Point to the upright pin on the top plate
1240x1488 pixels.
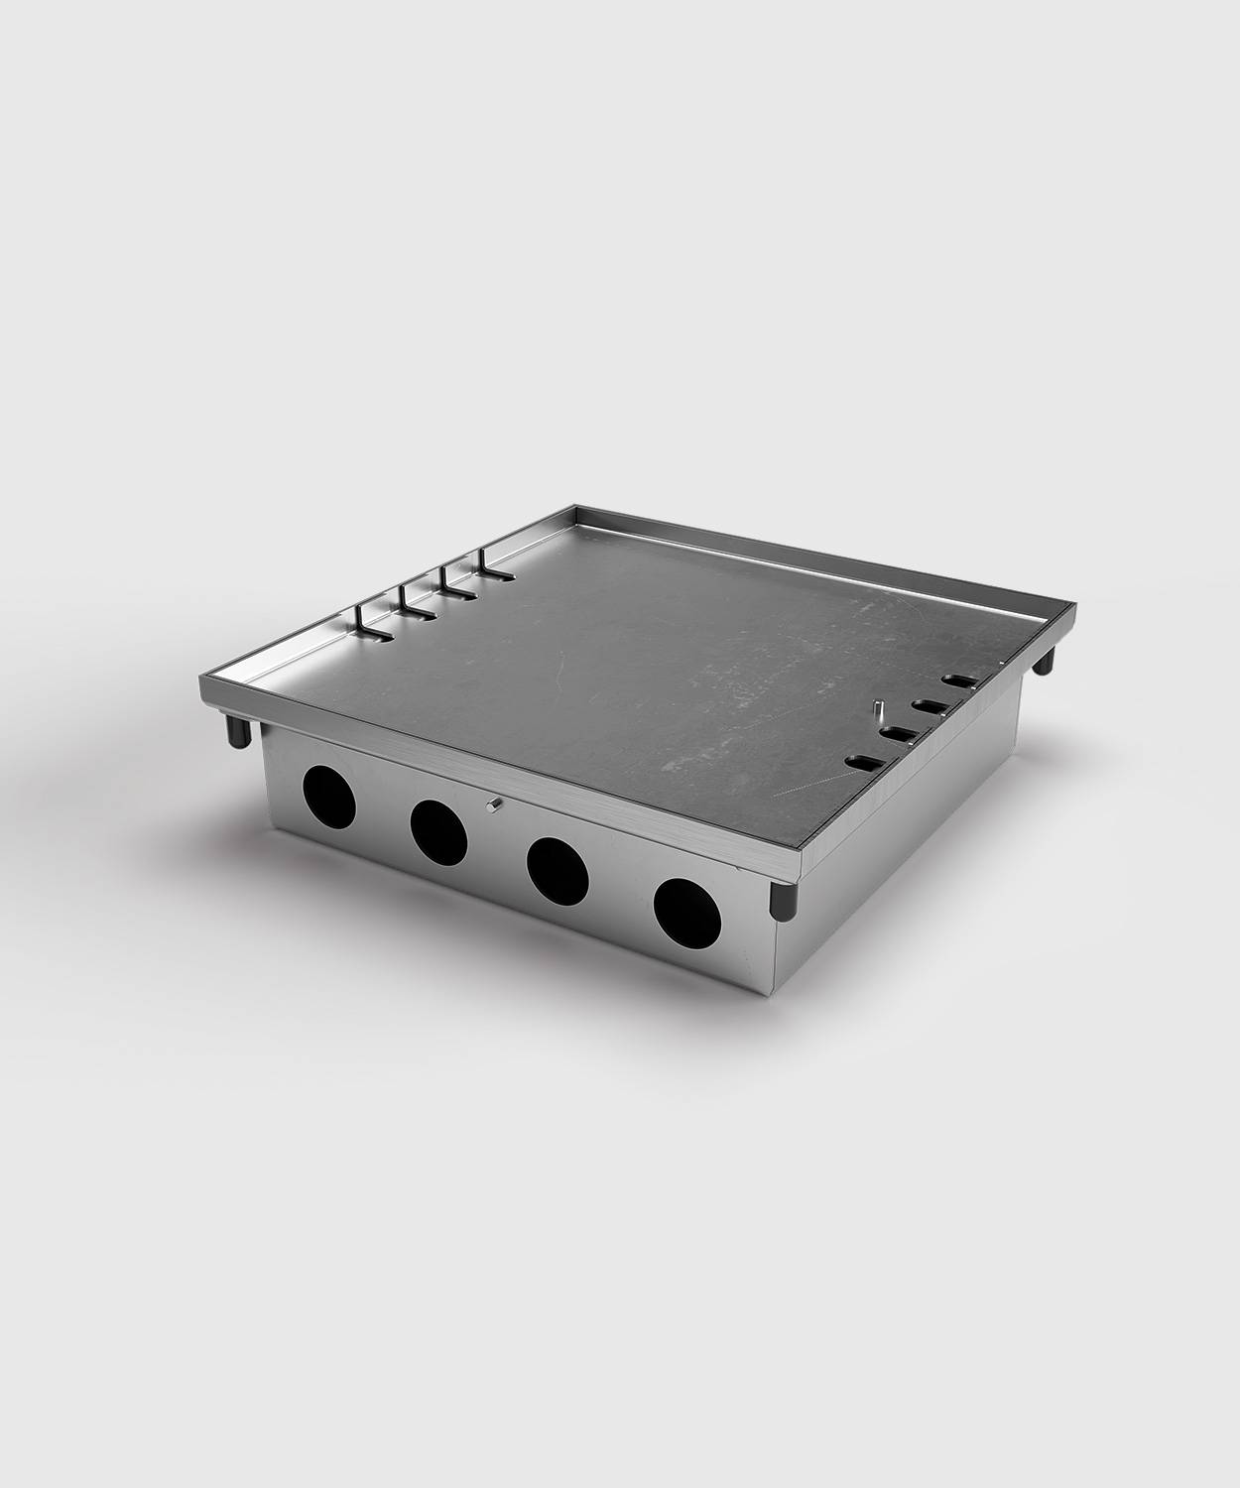coord(878,712)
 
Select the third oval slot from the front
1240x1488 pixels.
coord(930,707)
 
